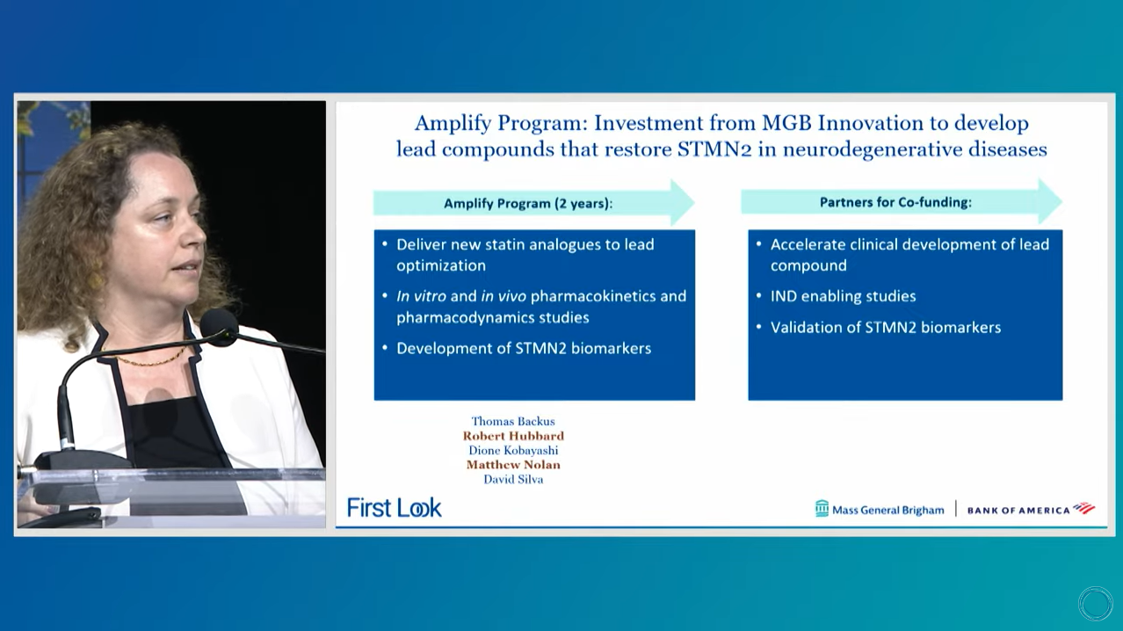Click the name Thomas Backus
pos(513,421)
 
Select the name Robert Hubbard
pos(513,436)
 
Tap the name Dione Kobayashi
pos(513,451)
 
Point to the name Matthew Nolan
pos(513,465)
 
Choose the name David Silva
pos(513,480)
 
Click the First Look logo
pos(394,508)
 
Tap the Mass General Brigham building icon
pos(822,508)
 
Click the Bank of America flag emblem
pos(1083,508)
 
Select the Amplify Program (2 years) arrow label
pos(528,203)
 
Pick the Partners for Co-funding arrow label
pos(895,202)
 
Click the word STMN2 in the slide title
pos(714,149)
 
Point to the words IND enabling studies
pos(843,296)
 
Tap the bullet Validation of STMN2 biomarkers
pos(886,328)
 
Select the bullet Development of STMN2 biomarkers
pos(524,349)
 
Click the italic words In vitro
pos(421,296)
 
